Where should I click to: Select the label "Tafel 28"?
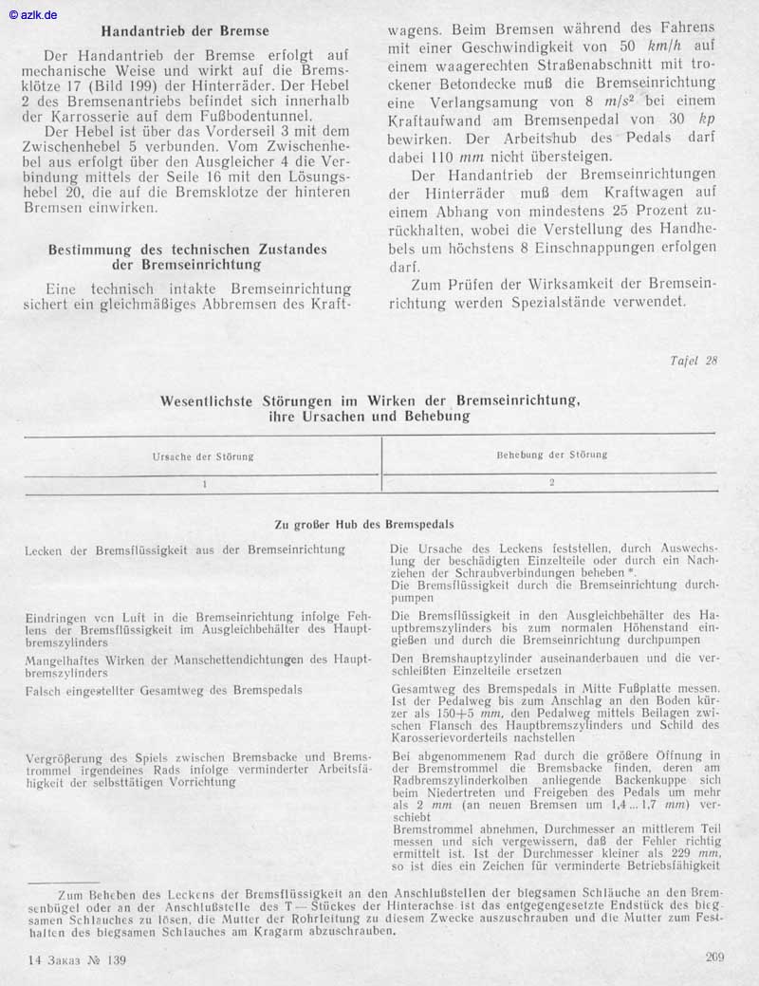point(693,361)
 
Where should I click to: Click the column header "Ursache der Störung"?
point(203,456)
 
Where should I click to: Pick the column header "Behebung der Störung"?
point(551,455)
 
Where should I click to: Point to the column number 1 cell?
point(203,483)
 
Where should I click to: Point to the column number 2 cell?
point(551,482)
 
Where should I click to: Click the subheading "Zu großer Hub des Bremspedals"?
point(363,524)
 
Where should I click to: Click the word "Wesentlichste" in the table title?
point(216,400)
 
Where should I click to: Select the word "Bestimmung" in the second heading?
point(91,250)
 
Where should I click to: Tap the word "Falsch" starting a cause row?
point(44,690)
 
